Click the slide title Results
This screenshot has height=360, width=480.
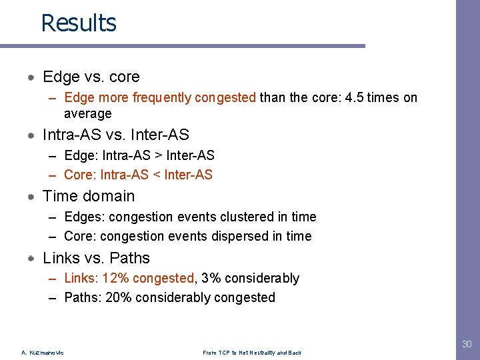79,23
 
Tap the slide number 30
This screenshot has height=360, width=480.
466,344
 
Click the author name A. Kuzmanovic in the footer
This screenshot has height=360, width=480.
43,353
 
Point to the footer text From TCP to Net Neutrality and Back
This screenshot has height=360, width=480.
252,353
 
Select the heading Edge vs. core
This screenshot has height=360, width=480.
91,77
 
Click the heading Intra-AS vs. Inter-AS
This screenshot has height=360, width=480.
115,135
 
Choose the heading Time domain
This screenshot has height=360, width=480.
88,196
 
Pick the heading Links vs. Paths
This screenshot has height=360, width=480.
96,258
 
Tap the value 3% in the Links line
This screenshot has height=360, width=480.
210,278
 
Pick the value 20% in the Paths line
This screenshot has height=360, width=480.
118,297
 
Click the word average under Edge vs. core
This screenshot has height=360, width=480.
87,114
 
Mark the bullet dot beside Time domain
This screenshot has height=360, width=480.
31,197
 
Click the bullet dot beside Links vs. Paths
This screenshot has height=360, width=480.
31,259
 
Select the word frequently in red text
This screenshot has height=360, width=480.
161,98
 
